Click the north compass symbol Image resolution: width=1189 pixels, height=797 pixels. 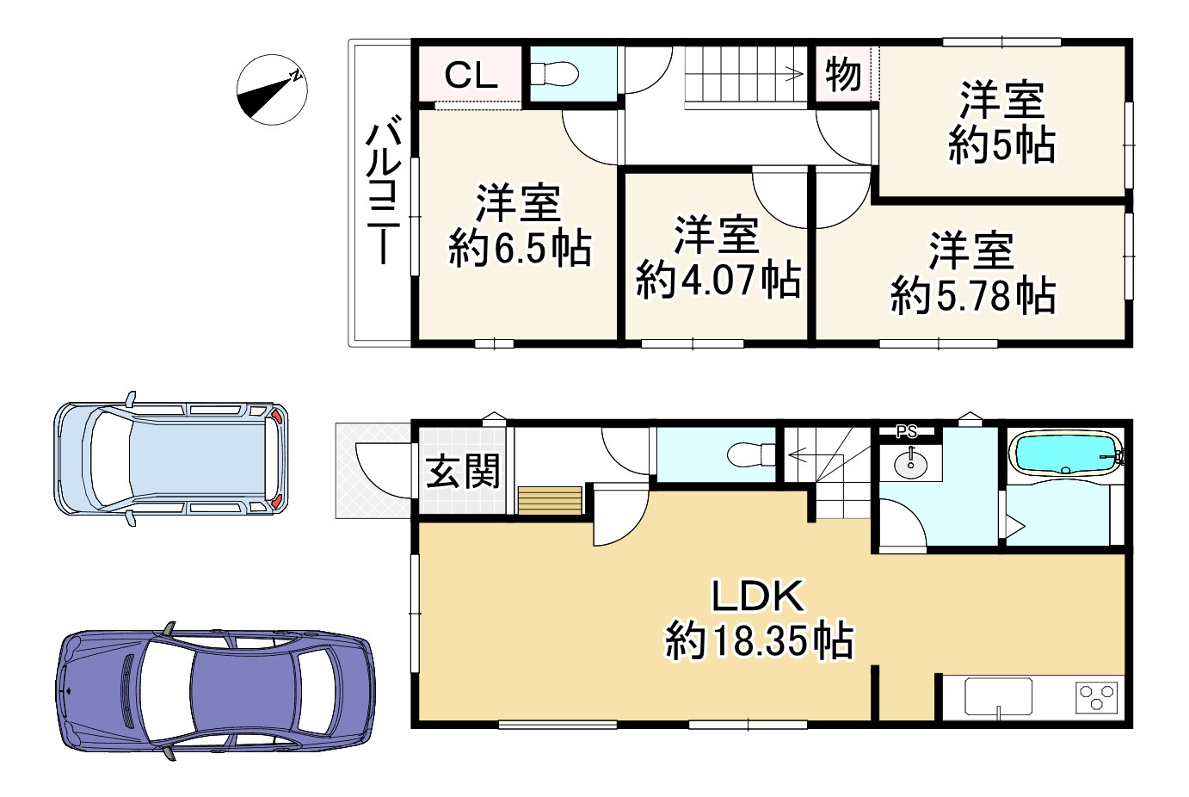pos(273,90)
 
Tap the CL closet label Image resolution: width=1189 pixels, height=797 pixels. pos(471,75)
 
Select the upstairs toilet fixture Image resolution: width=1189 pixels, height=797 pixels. pos(554,74)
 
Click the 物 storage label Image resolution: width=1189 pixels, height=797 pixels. pos(843,74)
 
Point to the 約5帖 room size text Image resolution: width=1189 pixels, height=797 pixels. pos(1001,145)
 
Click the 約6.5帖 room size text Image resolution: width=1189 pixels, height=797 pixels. pos(520,248)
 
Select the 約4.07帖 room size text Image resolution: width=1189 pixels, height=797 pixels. pos(718,280)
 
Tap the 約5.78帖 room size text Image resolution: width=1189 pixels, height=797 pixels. pos(973,295)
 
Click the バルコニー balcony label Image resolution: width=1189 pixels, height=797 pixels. pos(383,189)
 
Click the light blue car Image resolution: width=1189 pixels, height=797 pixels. pos(171,459)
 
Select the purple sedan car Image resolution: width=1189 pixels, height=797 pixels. pos(215,691)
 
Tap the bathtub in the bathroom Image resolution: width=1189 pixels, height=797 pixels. pos(1066,453)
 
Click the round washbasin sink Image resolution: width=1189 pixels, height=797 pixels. pos(911,465)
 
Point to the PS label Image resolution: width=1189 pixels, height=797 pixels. pos(907,432)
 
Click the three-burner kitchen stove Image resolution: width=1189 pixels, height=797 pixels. pos(1097,698)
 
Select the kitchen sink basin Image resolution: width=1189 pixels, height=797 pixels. pos(999,696)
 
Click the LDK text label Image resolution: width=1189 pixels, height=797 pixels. pos(757,596)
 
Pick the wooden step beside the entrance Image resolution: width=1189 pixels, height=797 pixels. pos(550,500)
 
